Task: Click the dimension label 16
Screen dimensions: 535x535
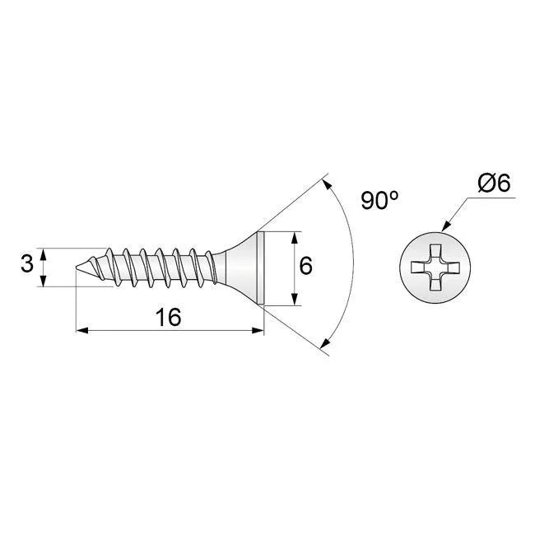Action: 168,317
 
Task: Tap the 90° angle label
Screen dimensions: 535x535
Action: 379,200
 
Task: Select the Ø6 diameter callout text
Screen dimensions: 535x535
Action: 494,184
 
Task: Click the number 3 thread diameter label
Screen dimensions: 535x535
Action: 27,264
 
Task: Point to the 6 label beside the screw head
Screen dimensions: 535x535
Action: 305,266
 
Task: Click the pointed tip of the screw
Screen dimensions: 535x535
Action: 76,267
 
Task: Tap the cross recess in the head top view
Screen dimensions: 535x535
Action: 435,267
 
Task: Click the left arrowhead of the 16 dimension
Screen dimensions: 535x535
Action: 82,330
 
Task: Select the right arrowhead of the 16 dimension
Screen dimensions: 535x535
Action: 258,330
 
